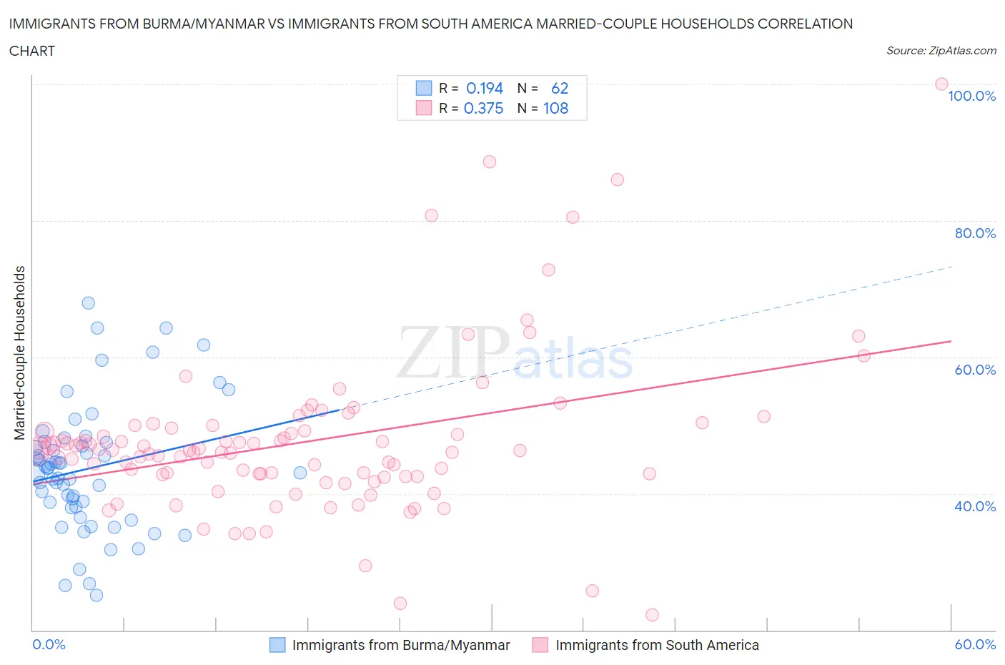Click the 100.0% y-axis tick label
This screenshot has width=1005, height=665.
[x=971, y=97]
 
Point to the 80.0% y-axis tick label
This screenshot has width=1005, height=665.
[x=975, y=234]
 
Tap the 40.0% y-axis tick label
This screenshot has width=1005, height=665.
[x=975, y=506]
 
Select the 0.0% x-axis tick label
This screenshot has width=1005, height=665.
[x=49, y=644]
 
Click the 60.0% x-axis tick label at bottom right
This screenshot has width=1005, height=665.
[x=975, y=644]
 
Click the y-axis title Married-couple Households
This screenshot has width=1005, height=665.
[x=20, y=353]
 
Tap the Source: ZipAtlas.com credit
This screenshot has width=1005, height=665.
[x=941, y=51]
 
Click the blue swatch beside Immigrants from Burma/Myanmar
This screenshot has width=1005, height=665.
[x=277, y=645]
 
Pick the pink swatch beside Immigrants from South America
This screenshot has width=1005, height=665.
[x=540, y=645]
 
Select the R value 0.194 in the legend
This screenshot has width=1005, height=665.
[x=485, y=88]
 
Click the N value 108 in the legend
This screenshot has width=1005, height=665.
[x=555, y=109]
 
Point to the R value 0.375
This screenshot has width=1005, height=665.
[x=483, y=109]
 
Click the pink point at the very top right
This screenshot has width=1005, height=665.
[x=941, y=84]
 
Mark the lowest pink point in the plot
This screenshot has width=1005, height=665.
[x=652, y=615]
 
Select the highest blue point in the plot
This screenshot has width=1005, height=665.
[x=89, y=303]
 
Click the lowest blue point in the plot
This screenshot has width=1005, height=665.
[x=96, y=595]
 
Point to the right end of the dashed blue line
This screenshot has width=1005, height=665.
[x=952, y=267]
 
